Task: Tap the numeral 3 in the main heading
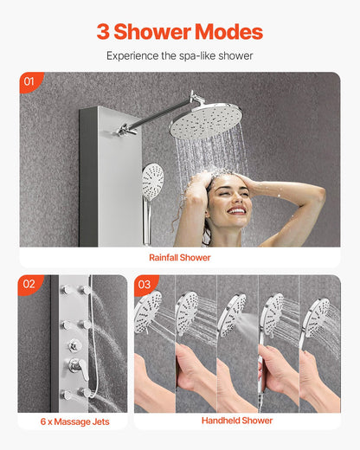point(104,32)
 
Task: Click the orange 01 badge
point(29,82)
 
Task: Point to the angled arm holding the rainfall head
point(156,118)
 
